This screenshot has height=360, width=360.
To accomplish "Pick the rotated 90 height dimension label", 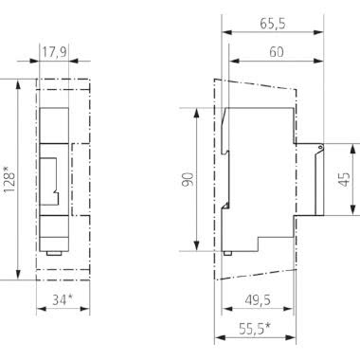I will point(188,179).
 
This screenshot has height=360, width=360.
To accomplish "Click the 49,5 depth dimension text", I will point(253,301).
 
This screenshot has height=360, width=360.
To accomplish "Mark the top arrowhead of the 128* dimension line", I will point(18,81).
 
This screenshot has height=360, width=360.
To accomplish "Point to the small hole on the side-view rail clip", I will point(320,148).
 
